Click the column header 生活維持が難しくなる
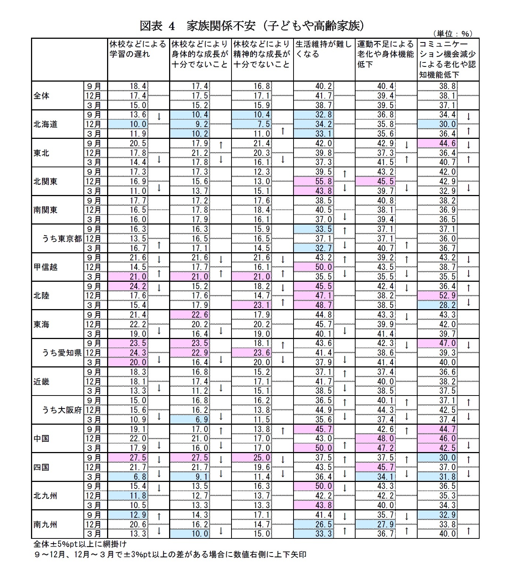coord(324,49)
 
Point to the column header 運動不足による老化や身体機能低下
coord(385,54)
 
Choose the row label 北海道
coord(46,124)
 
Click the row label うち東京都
coord(62,239)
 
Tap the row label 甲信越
coord(46,267)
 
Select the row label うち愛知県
coord(62,353)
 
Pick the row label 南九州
coord(46,524)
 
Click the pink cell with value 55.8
coord(314,181)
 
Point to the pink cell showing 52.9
coord(438,296)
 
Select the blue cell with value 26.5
coord(314,524)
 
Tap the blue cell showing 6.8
coord(128,477)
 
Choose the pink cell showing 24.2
coord(128,286)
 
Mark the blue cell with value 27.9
coord(375,524)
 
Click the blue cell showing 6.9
coord(190,420)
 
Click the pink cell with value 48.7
coord(314,305)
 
